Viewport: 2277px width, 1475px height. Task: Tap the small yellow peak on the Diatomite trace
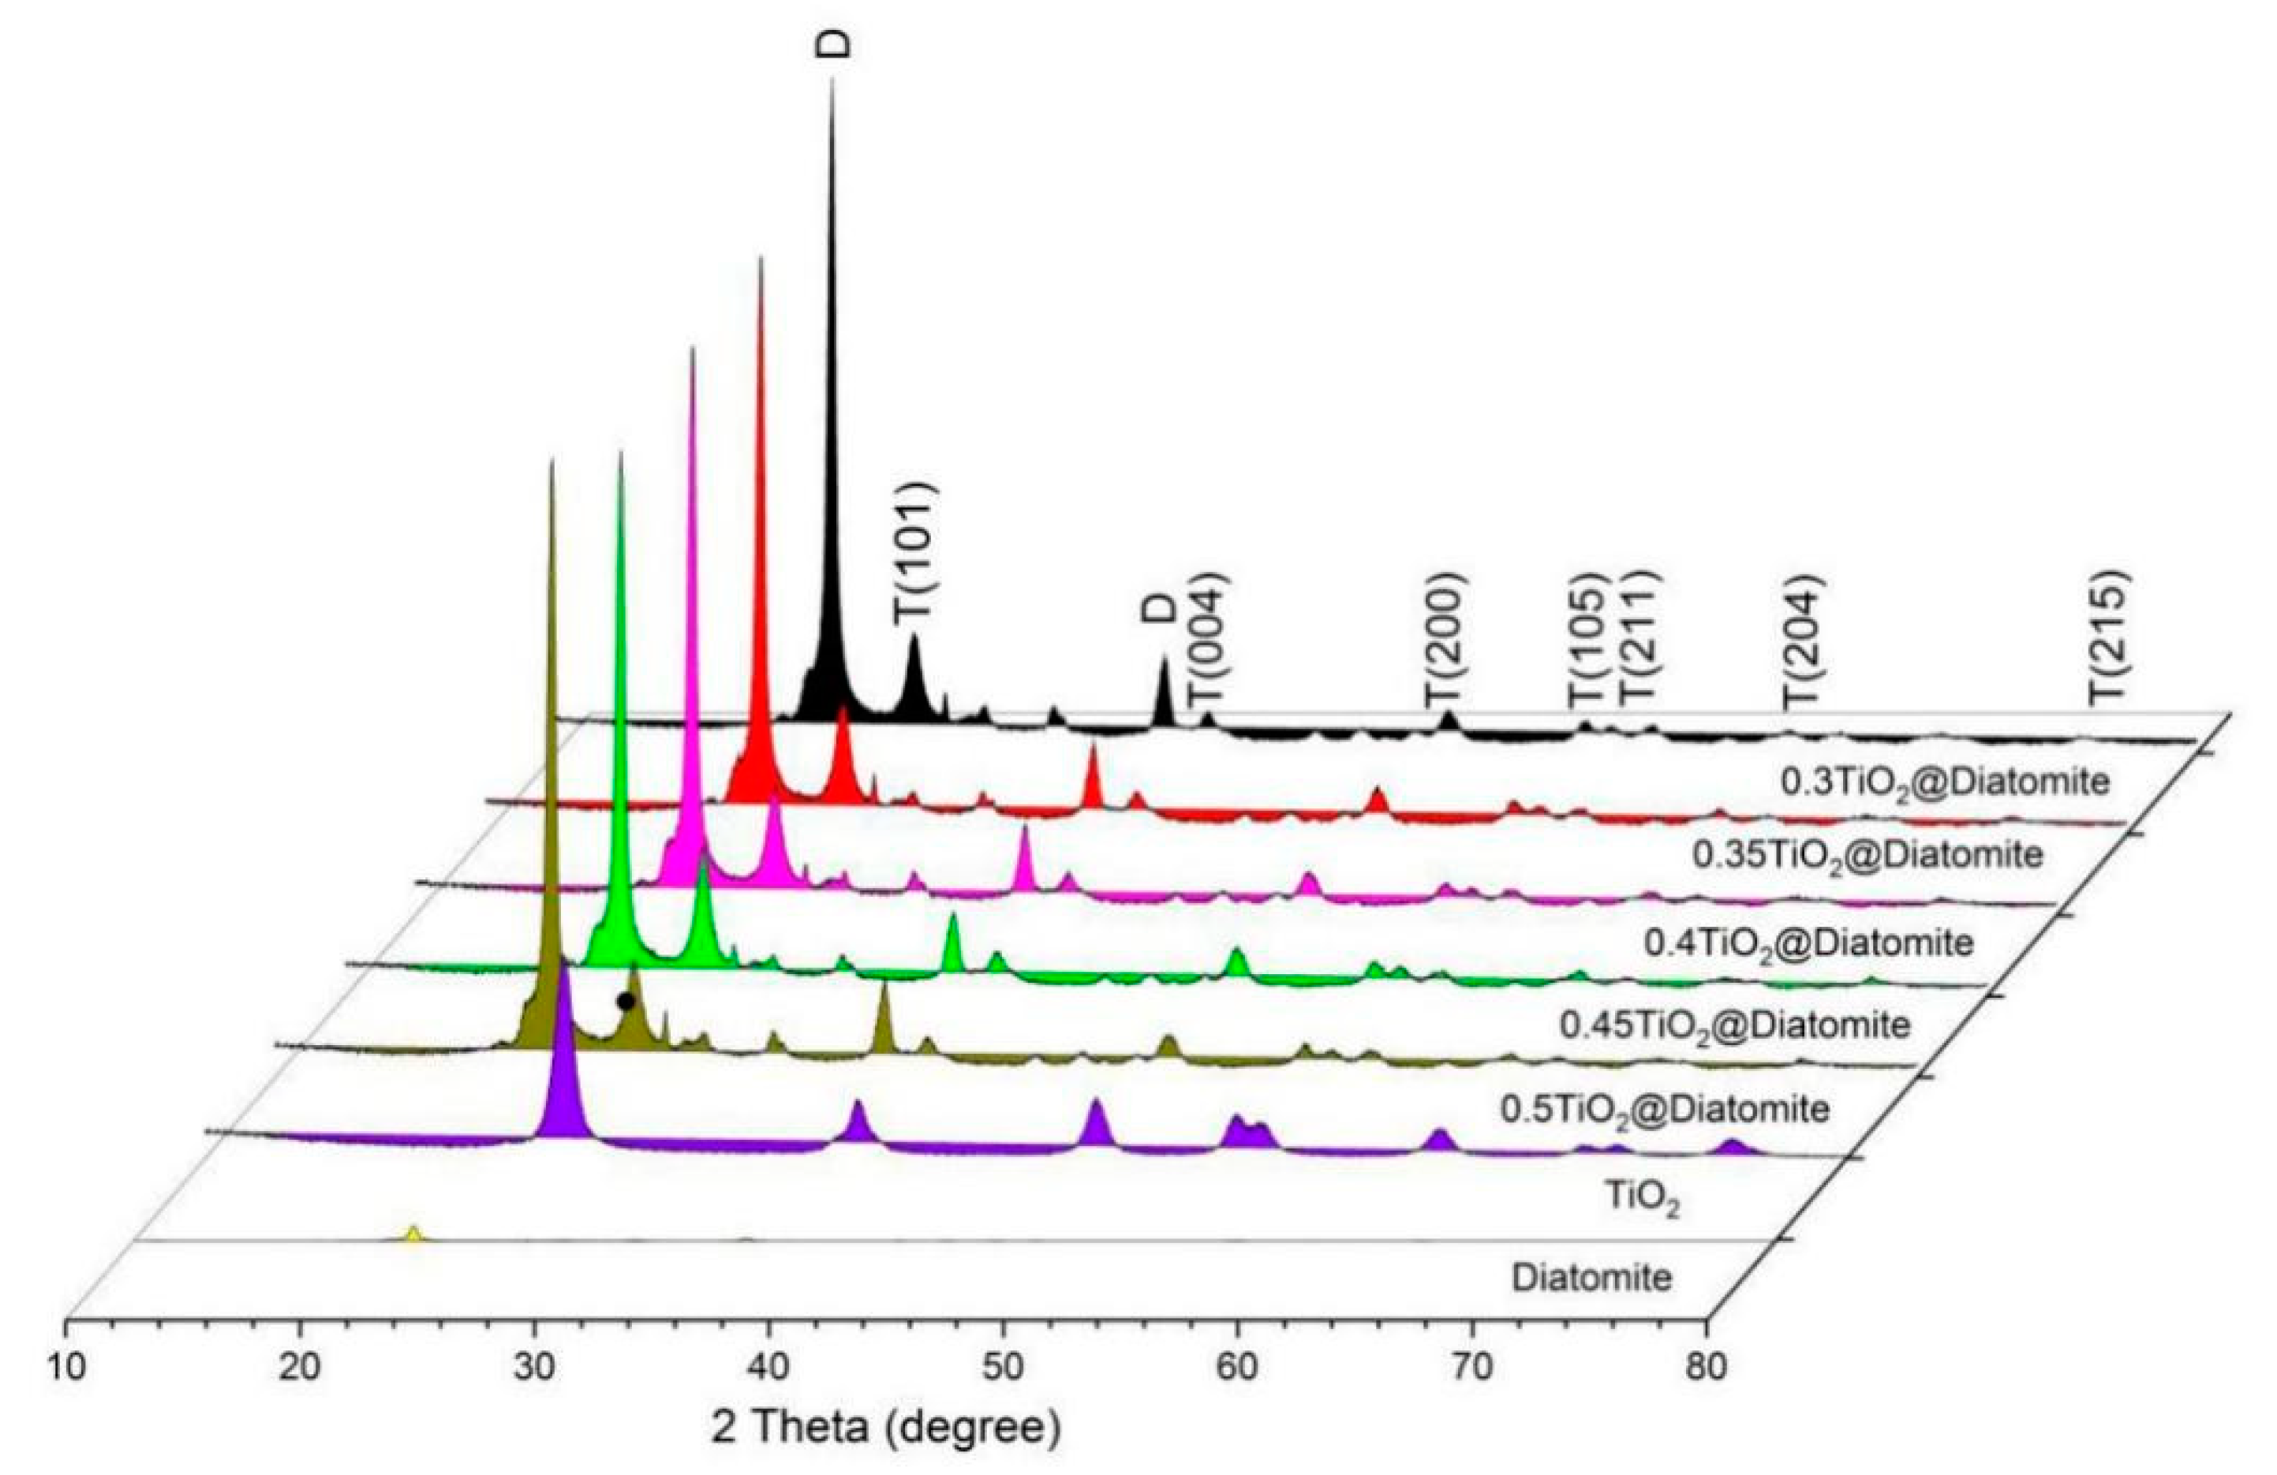413,1234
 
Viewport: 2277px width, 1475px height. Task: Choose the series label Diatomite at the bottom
1592,1278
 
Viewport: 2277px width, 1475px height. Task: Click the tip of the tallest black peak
832,81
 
